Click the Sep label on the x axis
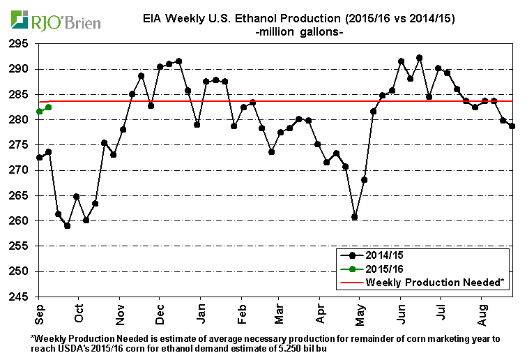tap(39, 312)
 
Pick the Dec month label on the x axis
tap(159, 312)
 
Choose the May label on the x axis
tap(360, 312)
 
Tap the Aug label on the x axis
tap(481, 312)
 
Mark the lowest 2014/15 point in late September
tap(67, 225)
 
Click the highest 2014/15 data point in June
tap(419, 58)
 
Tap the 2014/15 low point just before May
tap(355, 217)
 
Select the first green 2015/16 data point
tap(39, 112)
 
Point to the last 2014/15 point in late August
tap(512, 126)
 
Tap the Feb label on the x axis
tap(240, 312)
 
